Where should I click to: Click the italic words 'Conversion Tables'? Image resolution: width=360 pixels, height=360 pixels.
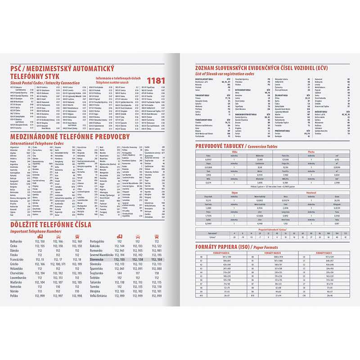(262, 146)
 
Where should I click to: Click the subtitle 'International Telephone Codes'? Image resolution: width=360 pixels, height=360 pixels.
(36, 143)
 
